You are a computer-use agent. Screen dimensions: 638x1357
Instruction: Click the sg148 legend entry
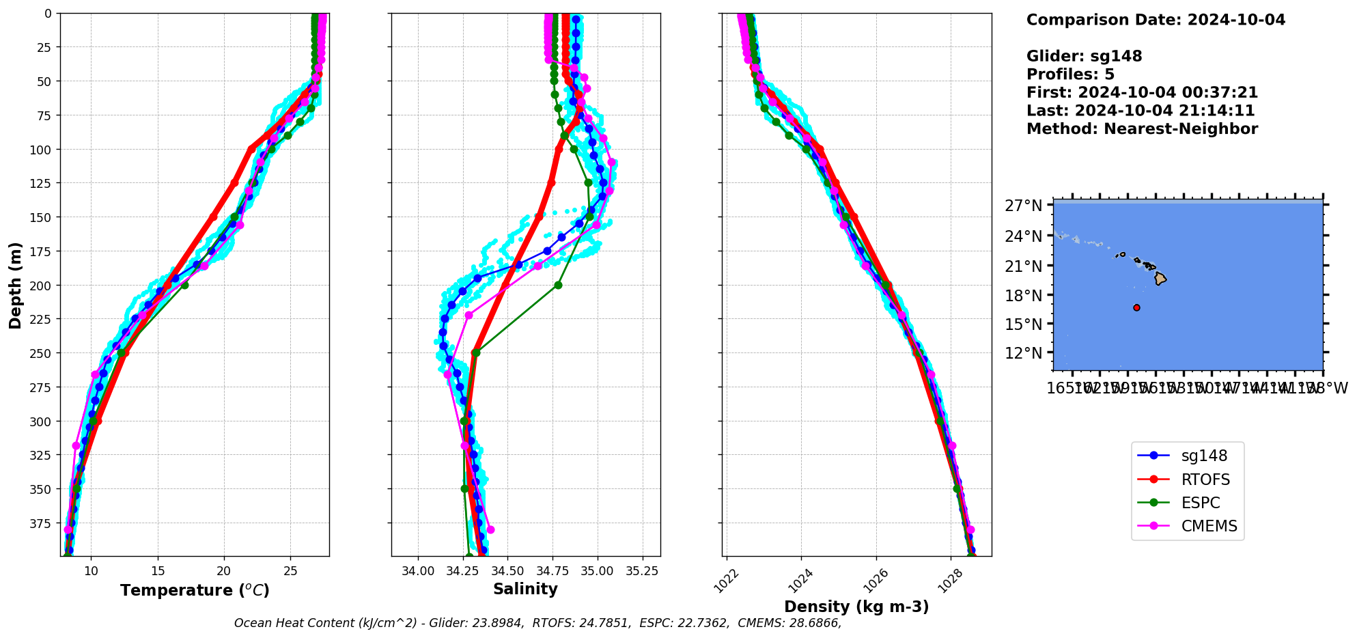(x=1204, y=456)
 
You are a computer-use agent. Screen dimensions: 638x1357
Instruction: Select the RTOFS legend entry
(x=1205, y=480)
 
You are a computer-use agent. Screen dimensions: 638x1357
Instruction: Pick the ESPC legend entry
(x=1200, y=503)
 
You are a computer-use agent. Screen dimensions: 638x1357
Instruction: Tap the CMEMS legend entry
(x=1209, y=526)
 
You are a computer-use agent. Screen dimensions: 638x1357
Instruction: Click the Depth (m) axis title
(x=15, y=285)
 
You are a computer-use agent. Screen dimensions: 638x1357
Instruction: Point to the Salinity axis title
(x=525, y=589)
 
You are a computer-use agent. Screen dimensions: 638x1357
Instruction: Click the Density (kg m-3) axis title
(x=856, y=607)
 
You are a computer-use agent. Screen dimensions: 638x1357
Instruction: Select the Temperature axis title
(x=195, y=590)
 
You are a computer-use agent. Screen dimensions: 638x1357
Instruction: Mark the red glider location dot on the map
(x=1136, y=307)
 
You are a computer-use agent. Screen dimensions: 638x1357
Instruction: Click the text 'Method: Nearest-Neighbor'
(x=1142, y=129)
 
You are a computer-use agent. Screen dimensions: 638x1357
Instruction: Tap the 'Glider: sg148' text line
(x=1084, y=56)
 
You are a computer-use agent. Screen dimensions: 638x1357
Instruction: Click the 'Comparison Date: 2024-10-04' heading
(x=1156, y=20)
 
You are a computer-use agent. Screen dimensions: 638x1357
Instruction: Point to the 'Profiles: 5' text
(x=1070, y=74)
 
